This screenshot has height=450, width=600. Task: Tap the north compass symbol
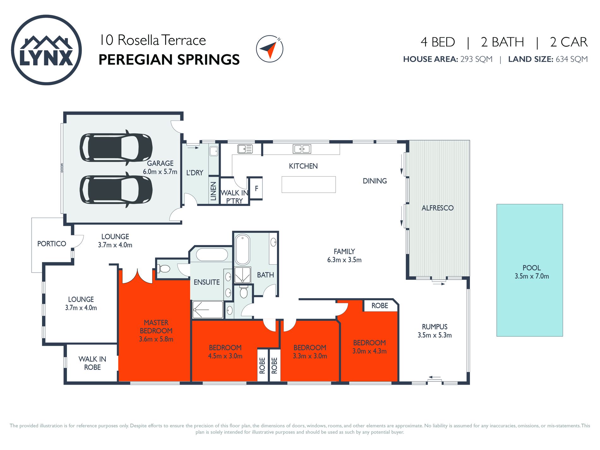[x=269, y=49]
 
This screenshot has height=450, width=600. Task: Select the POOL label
[x=531, y=268]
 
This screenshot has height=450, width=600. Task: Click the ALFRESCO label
[x=437, y=208]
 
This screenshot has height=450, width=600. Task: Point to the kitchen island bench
[x=309, y=184]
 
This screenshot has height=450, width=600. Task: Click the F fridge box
[x=256, y=189]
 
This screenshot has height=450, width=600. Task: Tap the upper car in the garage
[x=116, y=147]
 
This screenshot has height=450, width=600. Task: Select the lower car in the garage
[x=116, y=190]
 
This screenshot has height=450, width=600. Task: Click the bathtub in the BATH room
[x=243, y=249]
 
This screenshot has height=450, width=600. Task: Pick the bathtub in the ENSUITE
[x=212, y=255]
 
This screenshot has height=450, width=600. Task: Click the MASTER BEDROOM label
[x=156, y=327]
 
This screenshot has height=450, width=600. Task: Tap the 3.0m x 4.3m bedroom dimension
[x=369, y=351]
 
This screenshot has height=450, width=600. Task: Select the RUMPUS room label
[x=435, y=327]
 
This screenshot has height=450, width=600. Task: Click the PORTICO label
[x=51, y=243]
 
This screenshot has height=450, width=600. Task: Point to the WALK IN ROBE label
[x=92, y=363]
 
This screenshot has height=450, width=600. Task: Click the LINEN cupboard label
[x=213, y=191]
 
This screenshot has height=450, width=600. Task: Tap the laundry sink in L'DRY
[x=214, y=151]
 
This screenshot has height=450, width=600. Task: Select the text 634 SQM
[x=572, y=59]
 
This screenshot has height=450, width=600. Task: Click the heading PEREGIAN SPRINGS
[x=169, y=60]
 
